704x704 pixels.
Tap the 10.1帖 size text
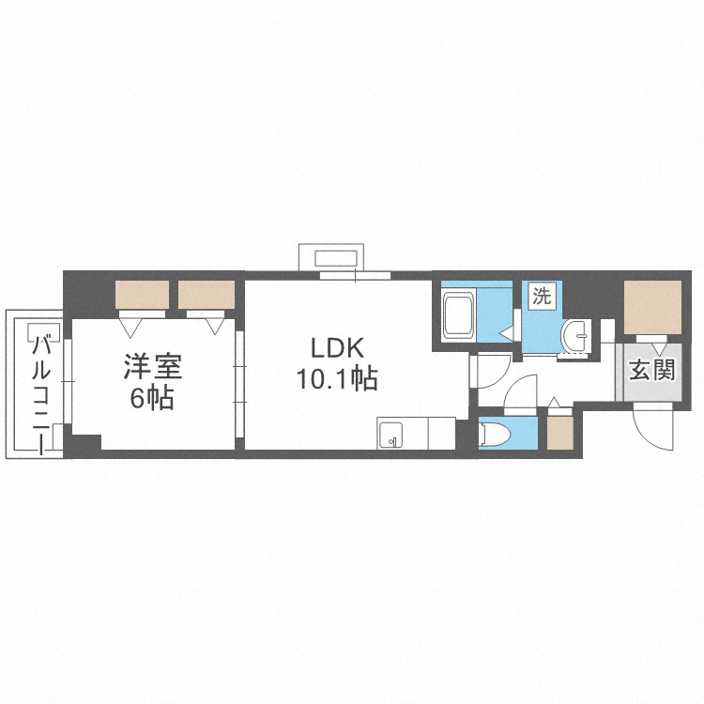[x=337, y=378]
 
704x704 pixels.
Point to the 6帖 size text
[x=150, y=398]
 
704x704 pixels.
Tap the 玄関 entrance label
[x=650, y=370]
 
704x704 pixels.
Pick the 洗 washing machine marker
[x=542, y=297]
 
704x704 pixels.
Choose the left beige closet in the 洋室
[x=142, y=295]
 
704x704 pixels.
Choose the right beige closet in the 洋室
[x=206, y=295]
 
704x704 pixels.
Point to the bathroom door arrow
[x=507, y=330]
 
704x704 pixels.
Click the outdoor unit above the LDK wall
[x=335, y=256]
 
